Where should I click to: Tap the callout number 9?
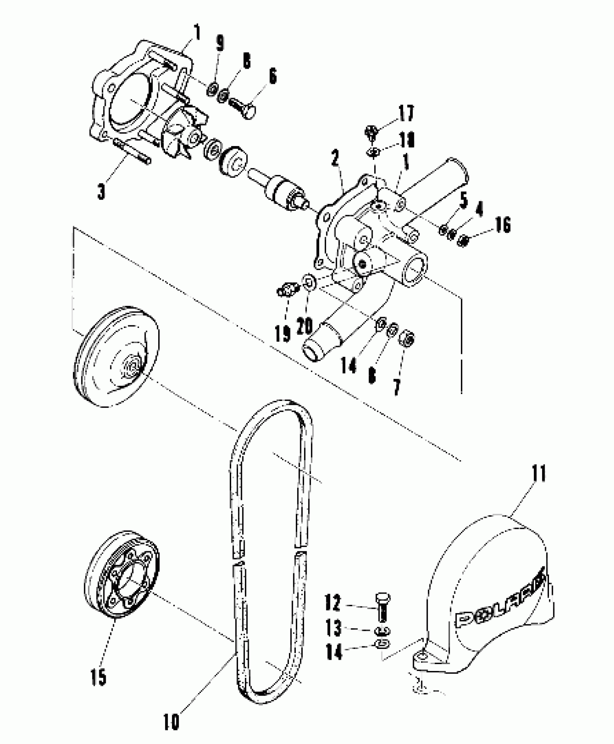220,44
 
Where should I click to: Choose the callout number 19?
282,333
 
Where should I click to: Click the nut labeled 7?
408,338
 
